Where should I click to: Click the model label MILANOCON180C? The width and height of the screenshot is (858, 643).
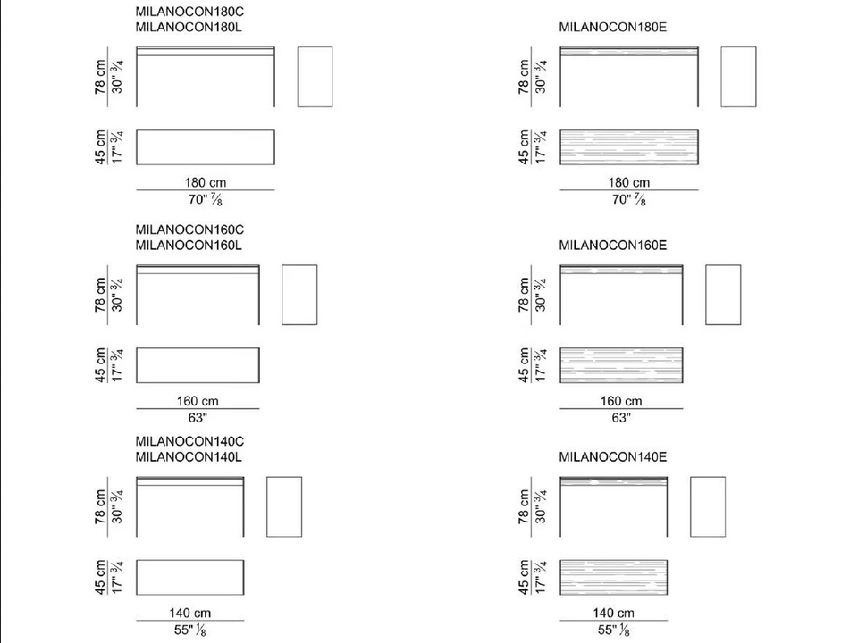click(189, 12)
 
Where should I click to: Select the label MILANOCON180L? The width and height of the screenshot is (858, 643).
click(189, 27)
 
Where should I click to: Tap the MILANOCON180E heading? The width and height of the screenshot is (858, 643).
click(613, 27)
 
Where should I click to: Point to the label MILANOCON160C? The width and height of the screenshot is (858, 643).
click(189, 230)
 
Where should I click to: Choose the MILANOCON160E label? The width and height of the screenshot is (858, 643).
click(613, 246)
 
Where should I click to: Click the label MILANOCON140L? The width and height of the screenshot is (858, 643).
click(189, 456)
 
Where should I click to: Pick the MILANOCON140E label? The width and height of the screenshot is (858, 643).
click(613, 456)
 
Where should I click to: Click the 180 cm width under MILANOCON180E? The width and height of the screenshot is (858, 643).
click(628, 182)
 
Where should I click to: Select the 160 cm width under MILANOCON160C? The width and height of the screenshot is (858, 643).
click(198, 401)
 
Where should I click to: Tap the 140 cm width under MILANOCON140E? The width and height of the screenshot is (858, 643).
click(613, 613)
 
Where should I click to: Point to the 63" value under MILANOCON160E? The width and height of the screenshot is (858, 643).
click(621, 418)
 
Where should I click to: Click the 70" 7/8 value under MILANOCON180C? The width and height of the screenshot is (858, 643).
click(206, 199)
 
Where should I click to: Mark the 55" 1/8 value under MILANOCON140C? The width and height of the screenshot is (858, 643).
click(189, 630)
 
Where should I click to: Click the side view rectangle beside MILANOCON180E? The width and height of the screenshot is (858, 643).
click(739, 77)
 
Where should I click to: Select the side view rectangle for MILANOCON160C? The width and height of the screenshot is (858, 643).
click(299, 295)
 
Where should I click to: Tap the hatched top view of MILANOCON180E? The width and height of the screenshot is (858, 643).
click(628, 147)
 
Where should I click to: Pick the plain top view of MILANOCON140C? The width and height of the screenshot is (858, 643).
click(189, 578)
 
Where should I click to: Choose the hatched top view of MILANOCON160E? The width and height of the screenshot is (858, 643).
click(621, 365)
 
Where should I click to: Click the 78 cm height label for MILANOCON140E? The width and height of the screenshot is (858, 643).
click(524, 507)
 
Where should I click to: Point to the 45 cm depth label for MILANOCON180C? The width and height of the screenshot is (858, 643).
click(100, 147)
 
